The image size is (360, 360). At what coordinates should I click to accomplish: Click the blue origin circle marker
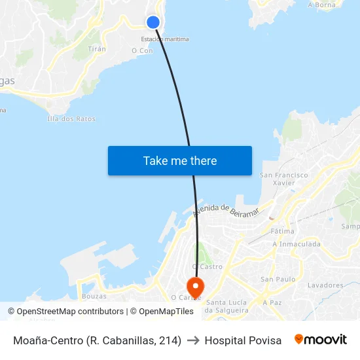click(153, 22)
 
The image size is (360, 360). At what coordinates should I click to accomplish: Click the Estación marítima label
click(165, 39)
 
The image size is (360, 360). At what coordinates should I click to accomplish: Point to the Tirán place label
click(97, 49)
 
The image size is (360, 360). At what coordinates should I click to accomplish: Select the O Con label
click(142, 50)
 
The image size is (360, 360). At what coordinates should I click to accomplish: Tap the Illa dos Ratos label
click(71, 119)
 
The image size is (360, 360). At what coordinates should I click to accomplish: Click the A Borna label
click(321, 5)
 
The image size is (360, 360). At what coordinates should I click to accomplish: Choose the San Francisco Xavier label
click(284, 179)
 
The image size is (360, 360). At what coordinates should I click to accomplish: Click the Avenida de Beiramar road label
click(226, 210)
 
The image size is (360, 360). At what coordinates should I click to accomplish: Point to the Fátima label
click(282, 231)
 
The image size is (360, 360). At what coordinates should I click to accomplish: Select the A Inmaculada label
click(297, 244)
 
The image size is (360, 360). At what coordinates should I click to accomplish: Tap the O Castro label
click(207, 266)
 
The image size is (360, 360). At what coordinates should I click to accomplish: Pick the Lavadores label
click(325, 285)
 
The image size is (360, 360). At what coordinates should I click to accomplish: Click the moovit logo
click(320, 340)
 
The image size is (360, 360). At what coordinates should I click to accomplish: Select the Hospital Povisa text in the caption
click(243, 340)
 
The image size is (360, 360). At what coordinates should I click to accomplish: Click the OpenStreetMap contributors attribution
click(70, 312)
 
